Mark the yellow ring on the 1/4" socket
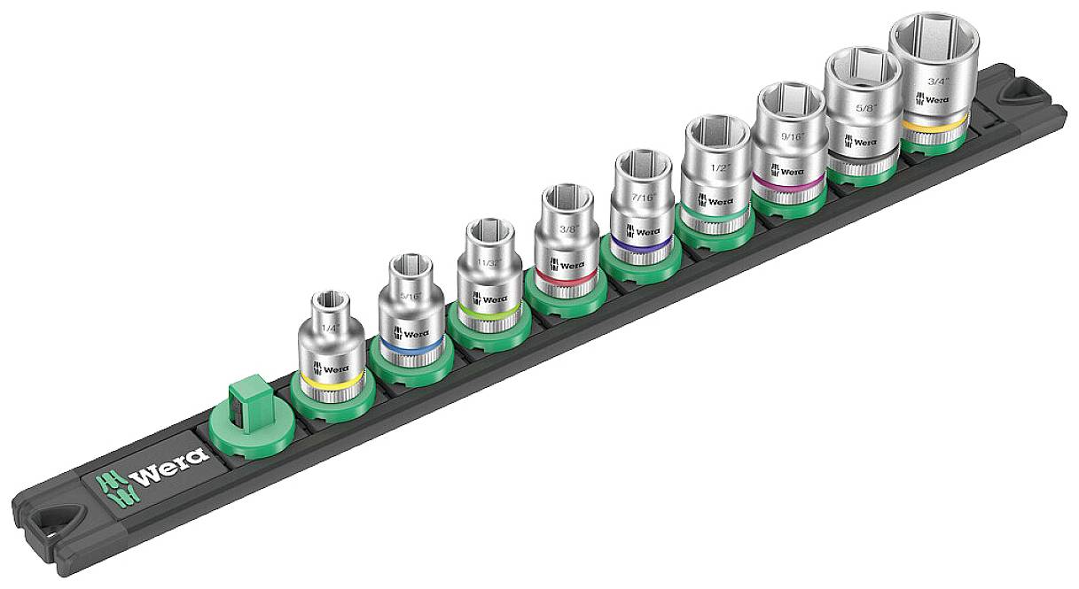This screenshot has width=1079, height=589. (x=330, y=379)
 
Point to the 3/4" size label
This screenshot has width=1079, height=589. (x=936, y=81)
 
